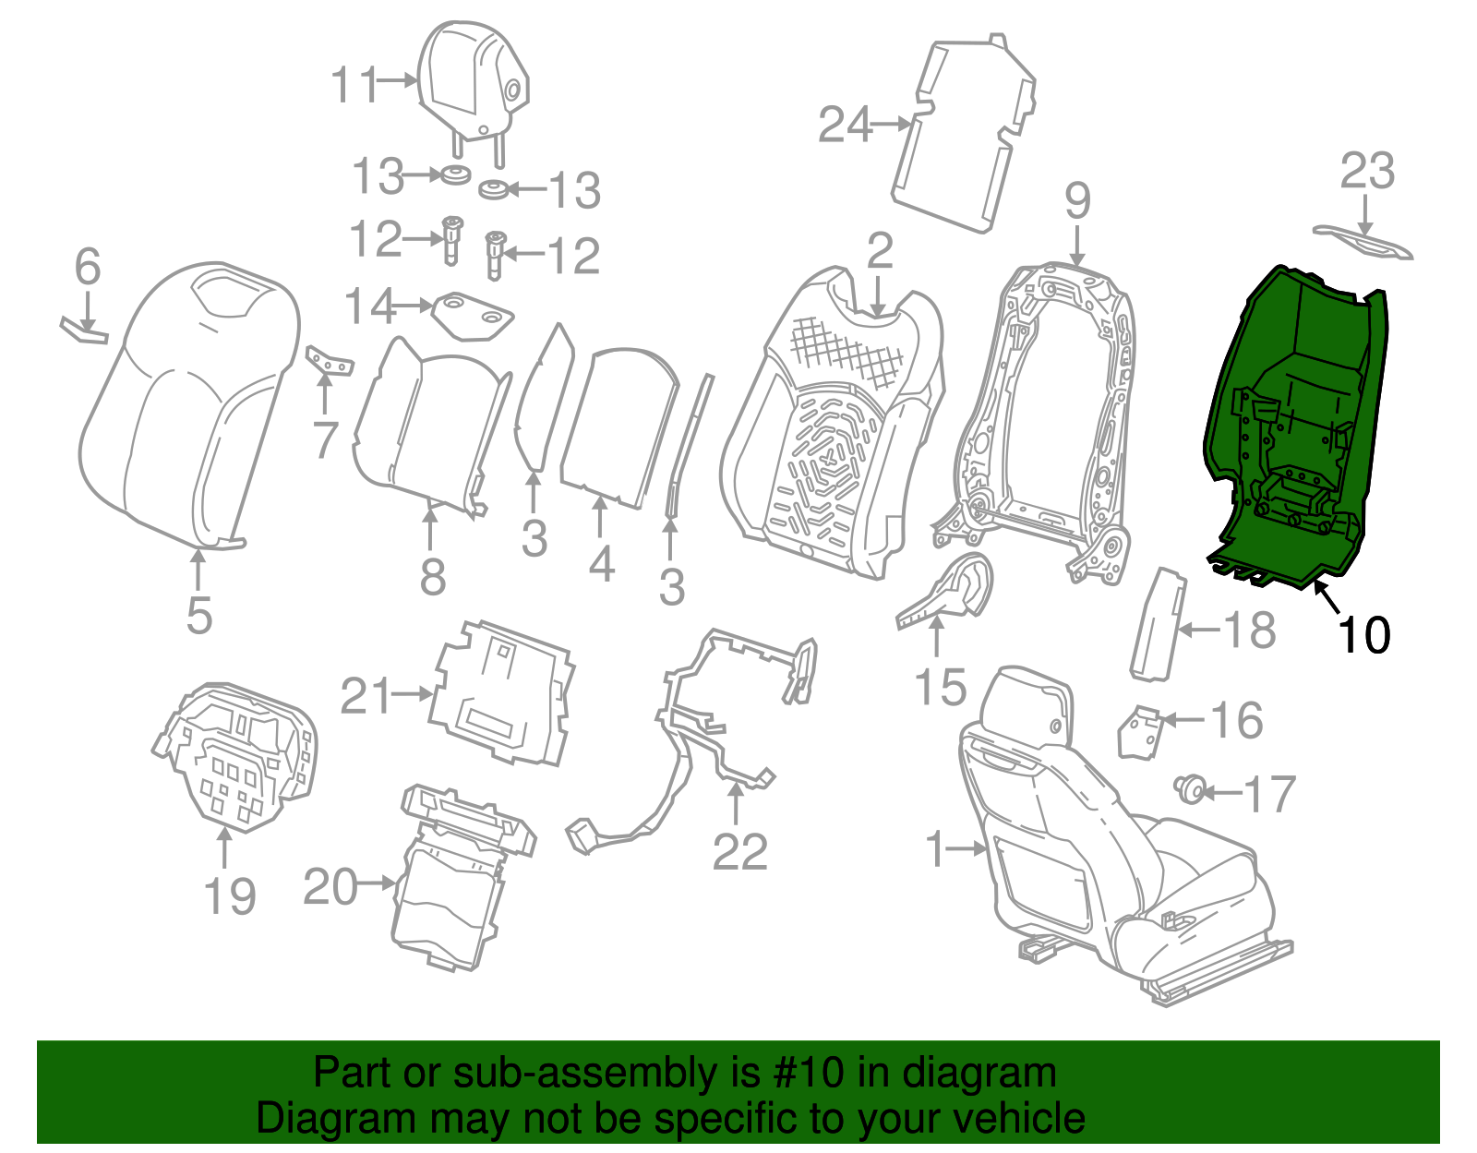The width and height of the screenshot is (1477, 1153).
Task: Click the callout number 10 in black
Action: point(1363,635)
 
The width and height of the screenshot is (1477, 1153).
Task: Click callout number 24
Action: point(845,125)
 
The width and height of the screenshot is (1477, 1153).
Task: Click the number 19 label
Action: point(229,895)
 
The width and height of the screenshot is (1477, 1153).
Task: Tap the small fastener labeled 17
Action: point(1190,789)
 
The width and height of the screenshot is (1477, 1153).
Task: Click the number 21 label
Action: point(366,696)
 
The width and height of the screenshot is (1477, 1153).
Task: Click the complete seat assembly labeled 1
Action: point(1108,831)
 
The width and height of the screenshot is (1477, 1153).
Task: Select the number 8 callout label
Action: point(432,578)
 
